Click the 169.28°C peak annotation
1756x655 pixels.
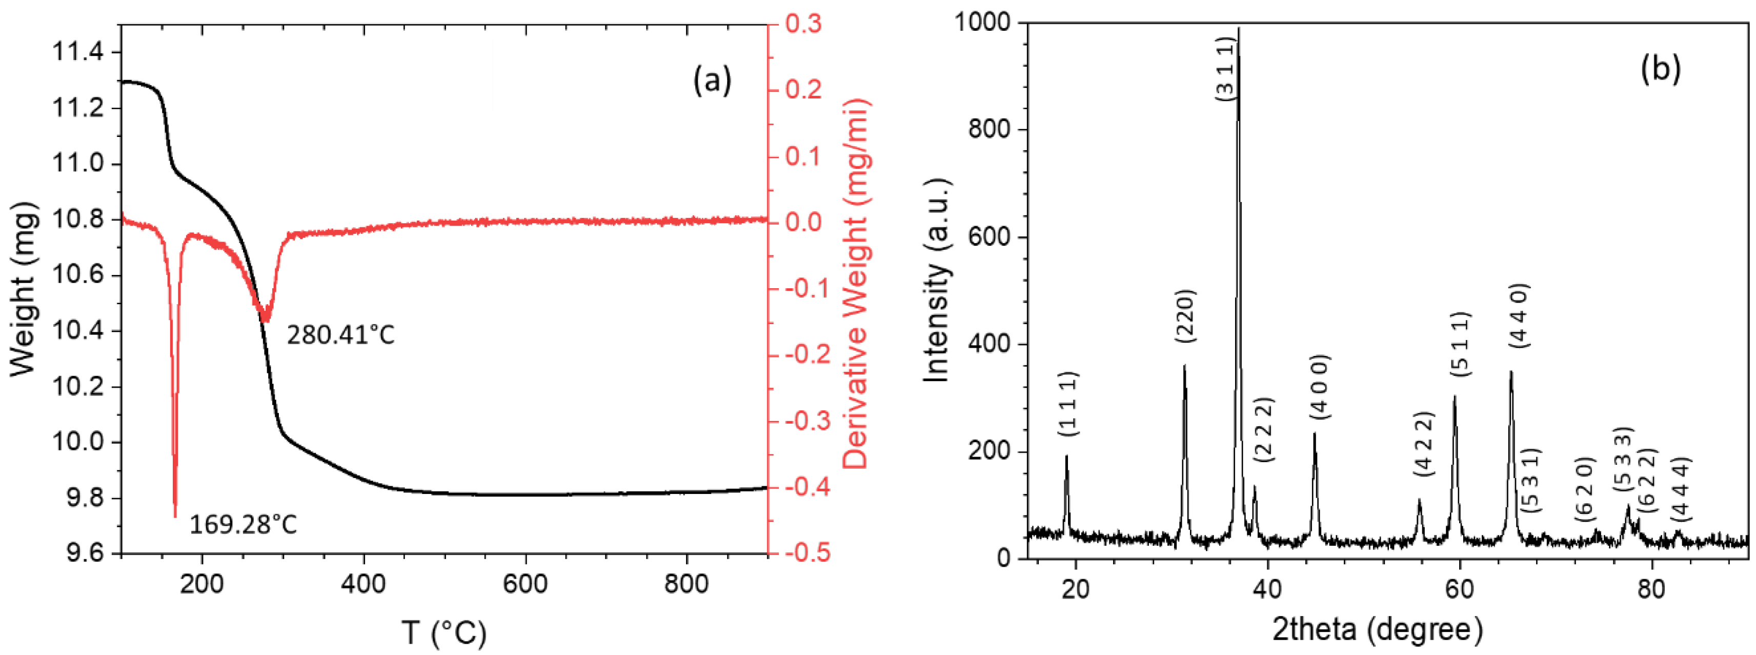[x=244, y=525]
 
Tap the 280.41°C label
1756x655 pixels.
[x=340, y=335]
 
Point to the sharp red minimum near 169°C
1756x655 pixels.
[x=175, y=514]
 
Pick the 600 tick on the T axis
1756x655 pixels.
[x=526, y=584]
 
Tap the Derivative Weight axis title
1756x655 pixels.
[x=856, y=284]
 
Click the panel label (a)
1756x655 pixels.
[x=712, y=80]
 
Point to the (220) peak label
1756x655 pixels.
[x=1185, y=316]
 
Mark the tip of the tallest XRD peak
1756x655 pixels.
[x=1239, y=29]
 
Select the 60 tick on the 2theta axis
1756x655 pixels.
[x=1460, y=588]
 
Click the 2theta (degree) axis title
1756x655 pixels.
[x=1378, y=629]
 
